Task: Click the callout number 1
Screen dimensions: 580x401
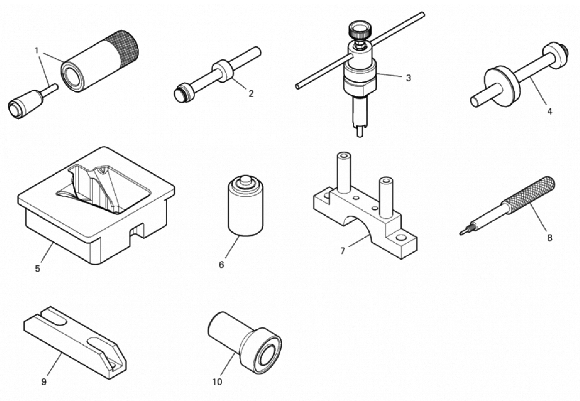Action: [x=37, y=51]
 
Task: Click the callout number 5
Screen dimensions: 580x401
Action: [x=37, y=269]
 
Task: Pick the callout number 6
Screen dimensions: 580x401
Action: [x=221, y=265]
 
